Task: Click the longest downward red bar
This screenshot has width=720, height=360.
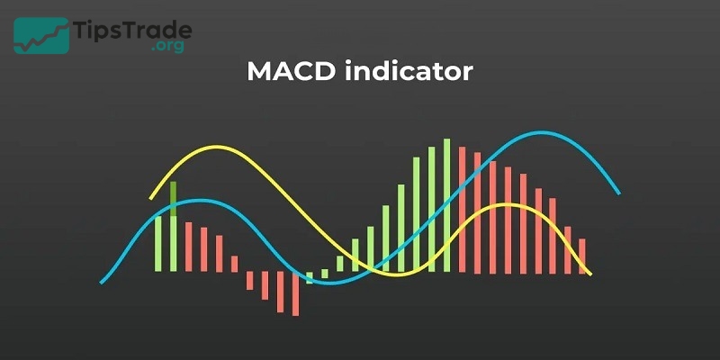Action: pyautogui.click(x=294, y=294)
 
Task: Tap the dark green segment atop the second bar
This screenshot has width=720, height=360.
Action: pyautogui.click(x=174, y=196)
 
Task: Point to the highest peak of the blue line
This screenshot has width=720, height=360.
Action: pyautogui.click(x=540, y=134)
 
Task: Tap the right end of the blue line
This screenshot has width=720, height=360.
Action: pyautogui.click(x=618, y=192)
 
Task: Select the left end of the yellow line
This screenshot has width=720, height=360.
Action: pyautogui.click(x=151, y=197)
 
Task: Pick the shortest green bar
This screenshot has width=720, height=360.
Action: pyautogui.click(x=310, y=277)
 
